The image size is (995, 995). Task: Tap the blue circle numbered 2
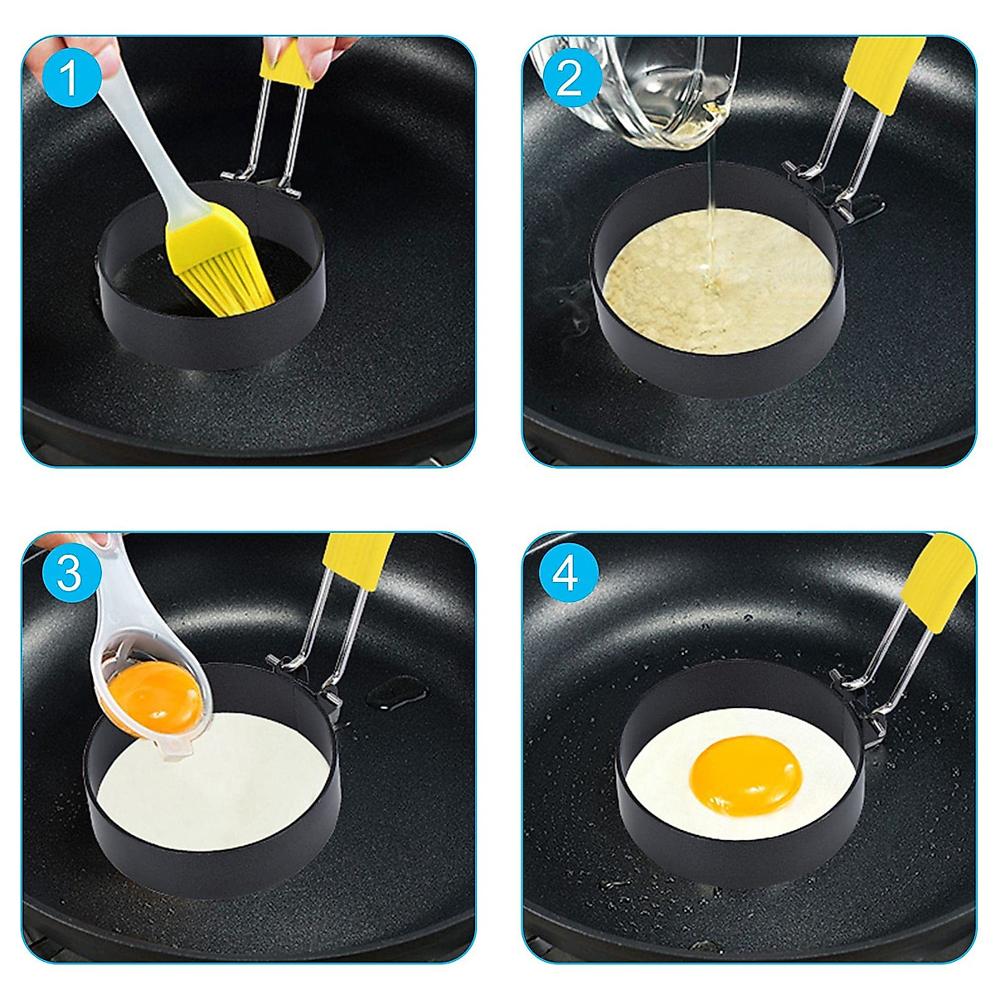coord(569,80)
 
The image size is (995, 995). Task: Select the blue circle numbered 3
coord(70,573)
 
